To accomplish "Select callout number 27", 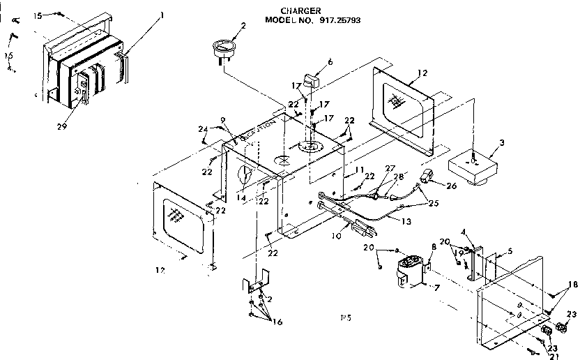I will tap(389, 168).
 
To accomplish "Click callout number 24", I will tap(203, 128).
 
